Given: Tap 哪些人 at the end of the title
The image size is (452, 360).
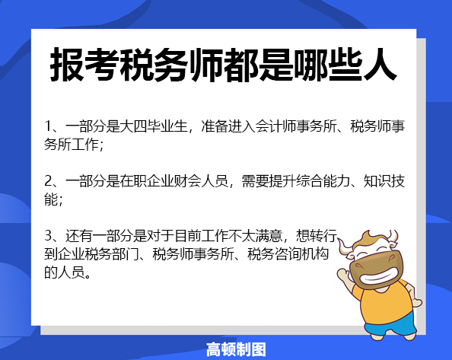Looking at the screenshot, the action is pyautogui.click(x=345, y=65).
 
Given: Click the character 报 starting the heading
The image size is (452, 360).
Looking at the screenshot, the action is pyautogui.click(x=67, y=65).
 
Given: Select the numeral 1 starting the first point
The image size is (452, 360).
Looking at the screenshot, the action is pyautogui.click(x=48, y=126).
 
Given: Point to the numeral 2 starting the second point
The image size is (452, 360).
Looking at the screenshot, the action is pyautogui.click(x=48, y=181).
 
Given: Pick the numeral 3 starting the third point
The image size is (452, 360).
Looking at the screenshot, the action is pyautogui.click(x=48, y=236).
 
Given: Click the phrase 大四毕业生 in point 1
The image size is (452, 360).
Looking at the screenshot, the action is pyautogui.click(x=154, y=126).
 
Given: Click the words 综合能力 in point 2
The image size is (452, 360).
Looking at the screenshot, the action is pyautogui.click(x=323, y=181).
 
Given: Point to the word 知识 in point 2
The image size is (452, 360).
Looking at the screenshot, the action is pyautogui.click(x=377, y=181).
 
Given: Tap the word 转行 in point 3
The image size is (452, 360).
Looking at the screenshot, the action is pyautogui.click(x=323, y=236).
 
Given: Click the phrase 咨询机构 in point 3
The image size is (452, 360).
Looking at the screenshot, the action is pyautogui.click(x=301, y=254).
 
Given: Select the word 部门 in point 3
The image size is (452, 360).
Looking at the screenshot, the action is pyautogui.click(x=126, y=254).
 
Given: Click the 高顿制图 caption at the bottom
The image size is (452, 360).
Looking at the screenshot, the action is pyautogui.click(x=236, y=349).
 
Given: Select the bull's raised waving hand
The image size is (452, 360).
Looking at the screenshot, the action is pyautogui.click(x=344, y=274).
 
